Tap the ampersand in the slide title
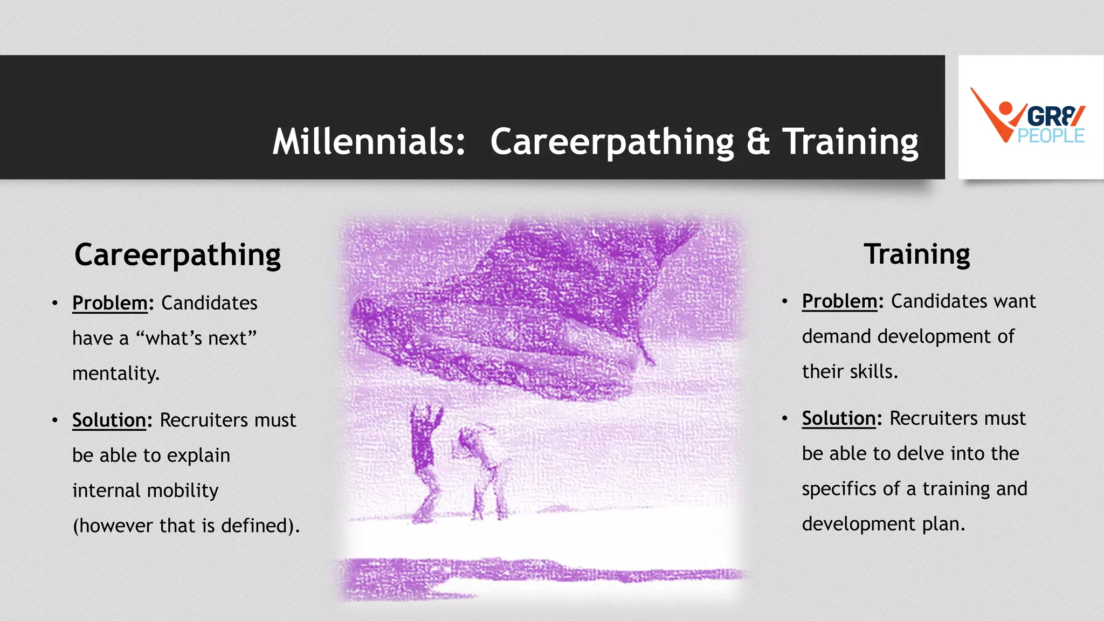click(758, 142)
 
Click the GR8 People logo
click(1030, 117)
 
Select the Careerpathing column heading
click(177, 255)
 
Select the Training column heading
click(916, 254)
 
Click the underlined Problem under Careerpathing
click(110, 303)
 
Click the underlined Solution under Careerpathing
click(109, 420)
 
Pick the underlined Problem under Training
click(839, 301)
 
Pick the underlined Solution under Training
click(839, 418)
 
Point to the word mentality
click(116, 373)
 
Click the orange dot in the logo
click(1005, 108)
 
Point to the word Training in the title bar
click(850, 142)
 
